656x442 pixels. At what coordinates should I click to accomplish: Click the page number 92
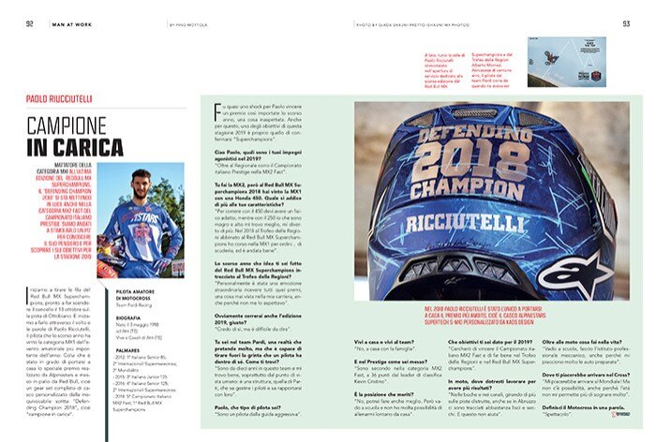pyautogui.click(x=30, y=24)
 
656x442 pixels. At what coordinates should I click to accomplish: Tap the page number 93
pyautogui.click(x=626, y=24)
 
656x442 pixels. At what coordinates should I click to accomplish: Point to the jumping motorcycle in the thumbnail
pyautogui.click(x=568, y=56)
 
